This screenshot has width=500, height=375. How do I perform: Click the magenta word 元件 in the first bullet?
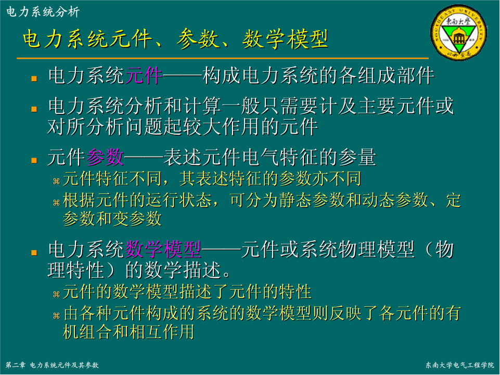[x=144, y=75]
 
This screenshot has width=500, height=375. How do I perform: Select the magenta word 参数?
[x=105, y=157]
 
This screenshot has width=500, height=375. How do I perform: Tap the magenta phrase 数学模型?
[x=163, y=249]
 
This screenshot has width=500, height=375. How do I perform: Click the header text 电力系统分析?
[x=43, y=12]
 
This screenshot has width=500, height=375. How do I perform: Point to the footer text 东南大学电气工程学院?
[x=459, y=365]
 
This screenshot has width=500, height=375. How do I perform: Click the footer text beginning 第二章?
[x=52, y=365]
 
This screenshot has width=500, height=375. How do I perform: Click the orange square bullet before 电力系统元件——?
[x=34, y=79]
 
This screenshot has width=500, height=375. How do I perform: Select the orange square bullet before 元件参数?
[x=34, y=160]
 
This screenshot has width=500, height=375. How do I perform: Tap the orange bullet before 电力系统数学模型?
[x=34, y=253]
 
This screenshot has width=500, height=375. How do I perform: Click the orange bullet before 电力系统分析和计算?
[x=34, y=109]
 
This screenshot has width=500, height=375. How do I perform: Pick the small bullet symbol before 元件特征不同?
[x=56, y=182]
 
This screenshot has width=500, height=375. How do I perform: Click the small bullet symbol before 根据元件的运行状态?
[x=56, y=202]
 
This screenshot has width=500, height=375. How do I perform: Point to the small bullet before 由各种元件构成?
[x=56, y=316]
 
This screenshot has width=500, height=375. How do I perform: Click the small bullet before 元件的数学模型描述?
[x=56, y=294]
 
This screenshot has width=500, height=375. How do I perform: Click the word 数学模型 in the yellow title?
[x=285, y=39]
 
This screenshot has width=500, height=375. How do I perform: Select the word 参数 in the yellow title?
[x=198, y=39]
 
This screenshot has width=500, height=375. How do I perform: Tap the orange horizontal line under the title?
[x=223, y=58]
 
